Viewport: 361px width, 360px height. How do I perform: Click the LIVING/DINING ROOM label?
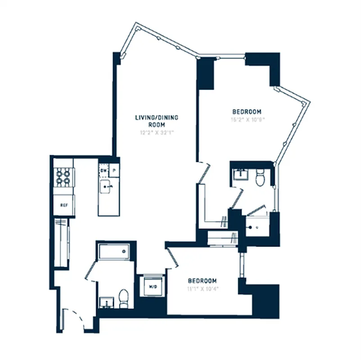tap(157, 121)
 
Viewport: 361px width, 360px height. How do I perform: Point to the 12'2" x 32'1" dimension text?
tap(157, 133)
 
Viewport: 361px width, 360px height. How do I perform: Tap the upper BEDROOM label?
tap(247, 112)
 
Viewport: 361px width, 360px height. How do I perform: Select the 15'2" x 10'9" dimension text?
tap(247, 120)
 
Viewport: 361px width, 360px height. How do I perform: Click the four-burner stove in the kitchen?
tap(63, 177)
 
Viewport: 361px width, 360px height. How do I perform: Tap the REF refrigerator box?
tap(63, 206)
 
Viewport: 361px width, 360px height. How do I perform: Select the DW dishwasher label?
tap(104, 171)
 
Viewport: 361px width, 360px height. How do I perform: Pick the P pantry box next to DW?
tap(115, 171)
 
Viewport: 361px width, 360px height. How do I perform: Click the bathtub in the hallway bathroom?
tap(114, 251)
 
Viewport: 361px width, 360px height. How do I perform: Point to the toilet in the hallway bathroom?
tap(124, 297)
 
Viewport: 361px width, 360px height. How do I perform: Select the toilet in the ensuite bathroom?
tap(260, 178)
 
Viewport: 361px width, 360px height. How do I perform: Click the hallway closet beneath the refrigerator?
tap(61, 243)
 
